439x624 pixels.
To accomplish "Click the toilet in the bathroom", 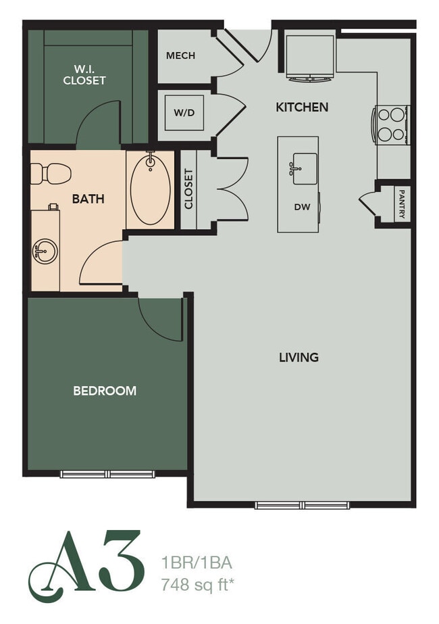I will click(51, 174).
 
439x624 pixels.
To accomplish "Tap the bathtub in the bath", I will click(150, 189).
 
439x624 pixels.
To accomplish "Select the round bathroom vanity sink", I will click(45, 251).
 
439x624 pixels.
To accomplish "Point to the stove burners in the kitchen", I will click(392, 124).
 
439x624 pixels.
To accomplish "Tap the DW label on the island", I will click(302, 207).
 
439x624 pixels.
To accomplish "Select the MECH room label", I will click(180, 55).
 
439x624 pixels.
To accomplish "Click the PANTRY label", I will click(402, 203).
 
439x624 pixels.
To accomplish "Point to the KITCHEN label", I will click(302, 107).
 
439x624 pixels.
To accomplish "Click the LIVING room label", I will click(299, 357).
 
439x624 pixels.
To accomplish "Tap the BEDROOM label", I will click(105, 390).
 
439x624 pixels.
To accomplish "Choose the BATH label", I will click(88, 199).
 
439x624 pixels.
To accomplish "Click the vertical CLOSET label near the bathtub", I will click(189, 189).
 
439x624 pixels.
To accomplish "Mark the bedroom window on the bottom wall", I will click(108, 474).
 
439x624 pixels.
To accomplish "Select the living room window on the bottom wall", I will click(303, 505).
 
